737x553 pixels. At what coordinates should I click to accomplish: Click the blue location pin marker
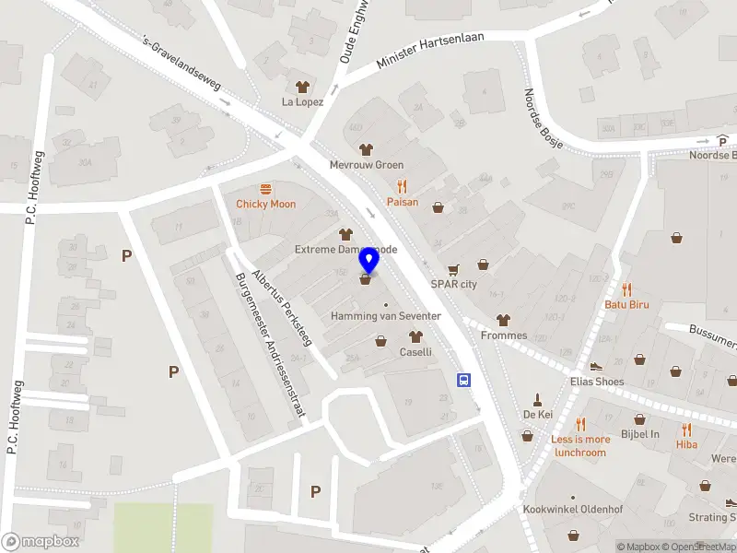pyautogui.click(x=368, y=262)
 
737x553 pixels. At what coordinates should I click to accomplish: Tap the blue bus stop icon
pyautogui.click(x=464, y=380)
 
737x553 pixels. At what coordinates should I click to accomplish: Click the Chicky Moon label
pyautogui.click(x=265, y=204)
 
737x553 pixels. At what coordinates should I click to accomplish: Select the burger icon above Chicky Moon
pyautogui.click(x=265, y=188)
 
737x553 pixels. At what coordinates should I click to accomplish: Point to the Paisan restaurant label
pyautogui.click(x=402, y=202)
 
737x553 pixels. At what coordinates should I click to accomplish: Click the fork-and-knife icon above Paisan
pyautogui.click(x=402, y=186)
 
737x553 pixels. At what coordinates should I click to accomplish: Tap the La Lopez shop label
pyautogui.click(x=302, y=101)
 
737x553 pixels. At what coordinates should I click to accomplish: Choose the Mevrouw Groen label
pyautogui.click(x=366, y=166)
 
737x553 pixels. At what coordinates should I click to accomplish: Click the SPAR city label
pyautogui.click(x=454, y=285)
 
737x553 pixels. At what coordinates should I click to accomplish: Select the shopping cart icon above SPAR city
pyautogui.click(x=452, y=270)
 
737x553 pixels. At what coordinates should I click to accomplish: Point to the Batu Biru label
pyautogui.click(x=627, y=304)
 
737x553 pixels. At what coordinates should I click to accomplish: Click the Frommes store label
pyautogui.click(x=503, y=335)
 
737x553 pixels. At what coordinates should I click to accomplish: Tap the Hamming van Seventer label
pyautogui.click(x=386, y=316)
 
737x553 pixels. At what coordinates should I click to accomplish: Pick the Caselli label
pyautogui.click(x=415, y=352)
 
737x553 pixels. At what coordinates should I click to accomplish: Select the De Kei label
pyautogui.click(x=537, y=415)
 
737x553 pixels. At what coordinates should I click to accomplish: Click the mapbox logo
pyautogui.click(x=40, y=542)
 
